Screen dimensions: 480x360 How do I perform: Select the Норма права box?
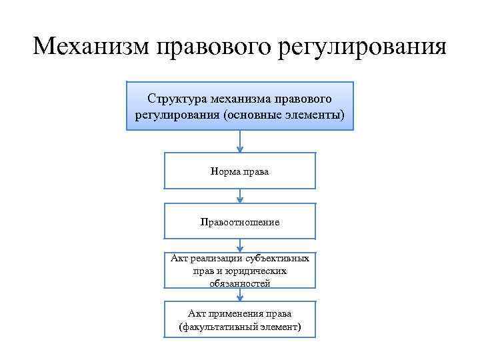(240, 171)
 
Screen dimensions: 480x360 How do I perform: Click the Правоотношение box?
(240, 221)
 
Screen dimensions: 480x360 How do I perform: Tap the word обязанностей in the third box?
(240, 283)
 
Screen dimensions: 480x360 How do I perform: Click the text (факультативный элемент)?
(240, 327)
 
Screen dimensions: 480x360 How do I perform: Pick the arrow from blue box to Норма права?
(240, 141)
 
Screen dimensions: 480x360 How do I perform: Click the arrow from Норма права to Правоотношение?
(240, 196)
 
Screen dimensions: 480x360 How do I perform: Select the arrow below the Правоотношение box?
(240, 246)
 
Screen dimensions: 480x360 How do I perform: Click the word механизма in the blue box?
(235, 99)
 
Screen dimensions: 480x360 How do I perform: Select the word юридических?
(257, 271)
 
